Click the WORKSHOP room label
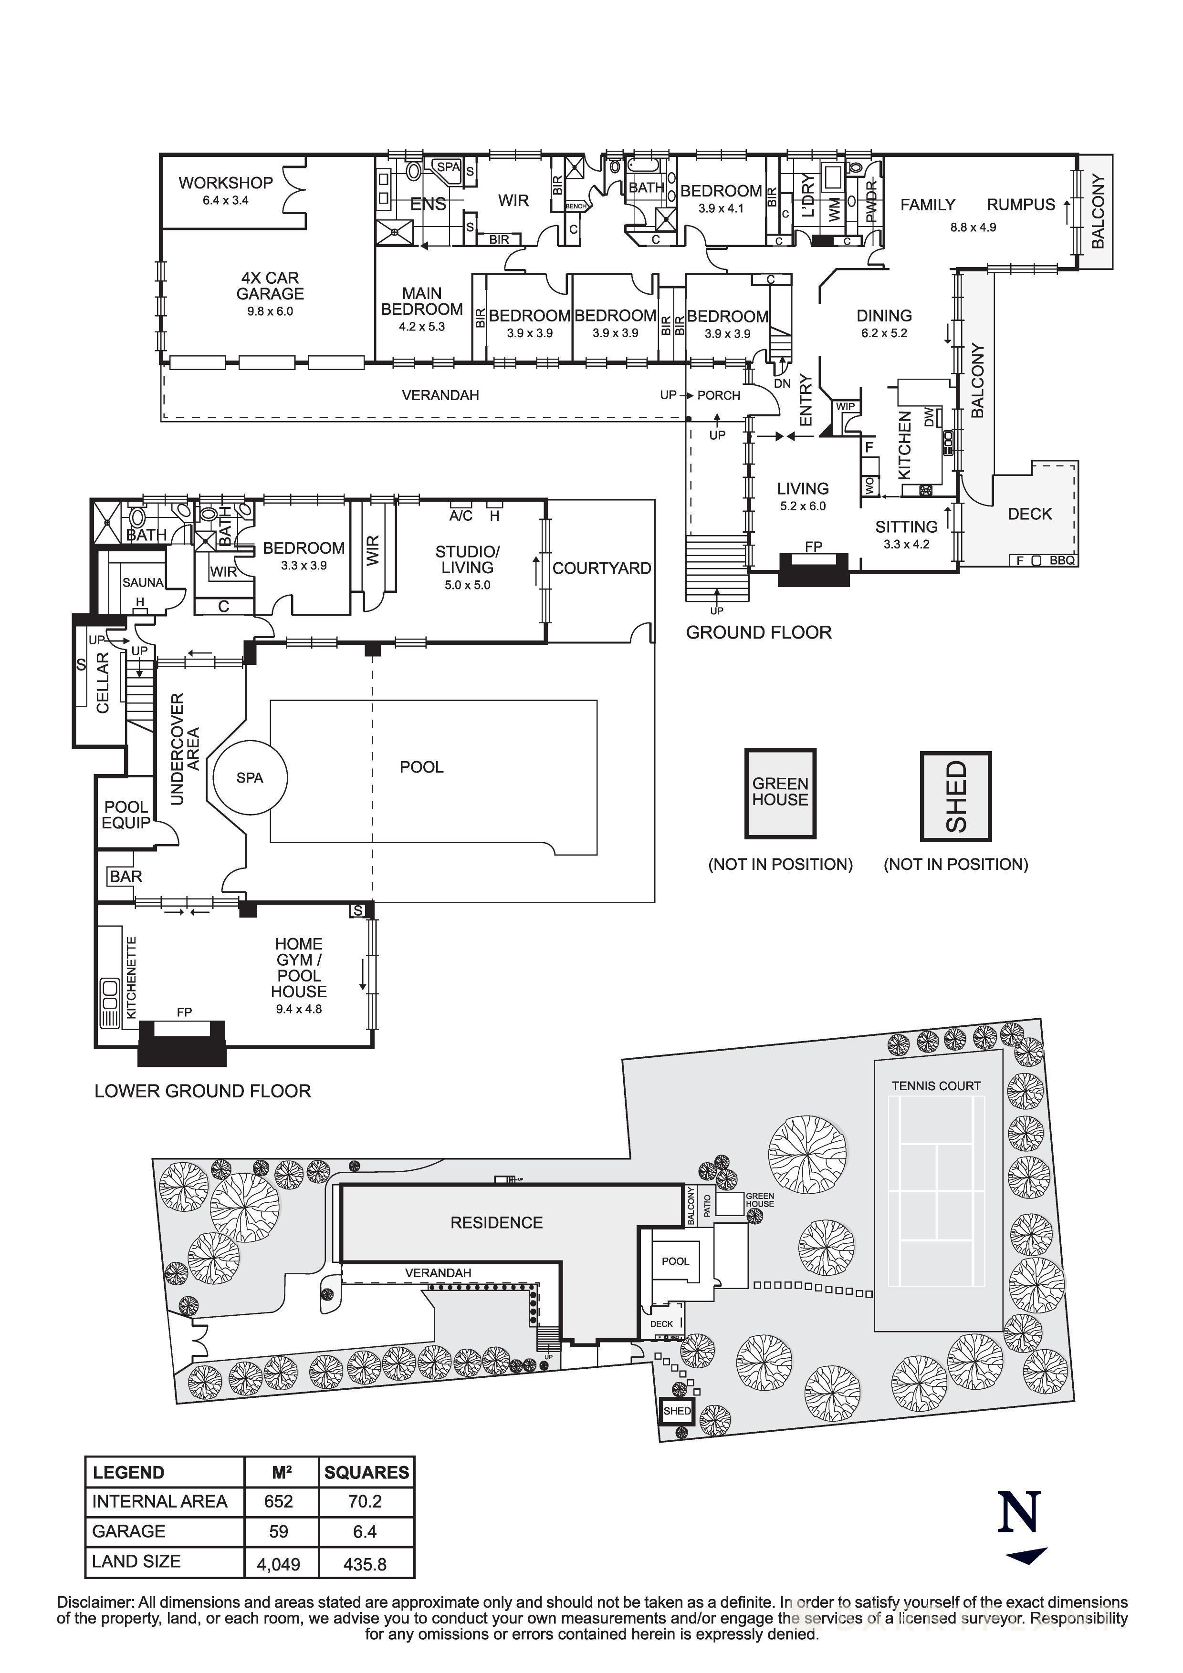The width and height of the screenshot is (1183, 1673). tap(225, 183)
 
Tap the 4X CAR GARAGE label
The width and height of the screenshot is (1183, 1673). tap(270, 286)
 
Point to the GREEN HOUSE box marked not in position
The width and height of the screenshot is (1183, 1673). tap(780, 793)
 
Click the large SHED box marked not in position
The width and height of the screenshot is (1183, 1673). tap(955, 796)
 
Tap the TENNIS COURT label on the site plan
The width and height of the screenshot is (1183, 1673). tap(936, 1086)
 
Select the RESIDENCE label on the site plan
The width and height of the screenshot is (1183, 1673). tap(496, 1223)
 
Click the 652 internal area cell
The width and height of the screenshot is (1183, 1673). tap(278, 1501)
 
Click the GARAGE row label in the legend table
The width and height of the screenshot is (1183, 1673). tap(129, 1531)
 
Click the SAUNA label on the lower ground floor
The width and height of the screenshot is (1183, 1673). tap(143, 582)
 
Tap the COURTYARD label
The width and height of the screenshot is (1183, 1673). tap(601, 568)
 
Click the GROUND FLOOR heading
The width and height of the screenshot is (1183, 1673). tap(758, 632)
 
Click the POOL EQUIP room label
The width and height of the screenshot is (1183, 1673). tap(126, 815)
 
